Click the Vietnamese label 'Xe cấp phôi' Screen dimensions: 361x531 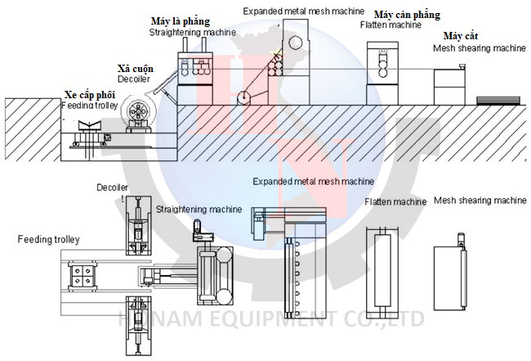coord(89,94)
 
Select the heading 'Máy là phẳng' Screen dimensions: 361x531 coord(181,20)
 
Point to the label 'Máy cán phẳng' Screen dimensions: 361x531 coord(407,15)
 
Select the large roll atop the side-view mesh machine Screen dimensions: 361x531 coord(297,45)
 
